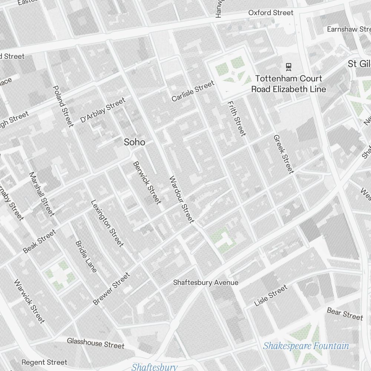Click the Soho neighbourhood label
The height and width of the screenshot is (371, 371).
[134, 142]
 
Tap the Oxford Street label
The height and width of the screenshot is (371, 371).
[270, 13]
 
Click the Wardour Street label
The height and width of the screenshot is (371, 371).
[181, 199]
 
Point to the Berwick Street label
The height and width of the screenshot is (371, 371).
[147, 183]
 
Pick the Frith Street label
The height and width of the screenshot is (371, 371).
[236, 118]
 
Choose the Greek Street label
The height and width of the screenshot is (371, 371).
[283, 154]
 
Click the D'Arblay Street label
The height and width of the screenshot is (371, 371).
[103, 110]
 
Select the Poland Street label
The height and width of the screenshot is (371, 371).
[63, 106]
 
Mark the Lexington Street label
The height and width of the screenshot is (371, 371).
[107, 223]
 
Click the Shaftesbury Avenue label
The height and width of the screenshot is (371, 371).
[206, 283]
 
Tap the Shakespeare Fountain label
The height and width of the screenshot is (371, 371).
[306, 346]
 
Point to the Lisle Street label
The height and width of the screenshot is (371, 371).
[271, 295]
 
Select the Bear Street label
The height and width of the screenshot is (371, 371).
[345, 314]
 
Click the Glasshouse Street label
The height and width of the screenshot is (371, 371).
[95, 343]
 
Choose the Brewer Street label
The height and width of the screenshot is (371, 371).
[112, 289]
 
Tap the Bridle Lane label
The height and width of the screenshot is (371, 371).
[86, 256]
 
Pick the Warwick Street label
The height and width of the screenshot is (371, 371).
[29, 301]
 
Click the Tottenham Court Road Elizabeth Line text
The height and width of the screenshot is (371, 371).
[289, 84]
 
